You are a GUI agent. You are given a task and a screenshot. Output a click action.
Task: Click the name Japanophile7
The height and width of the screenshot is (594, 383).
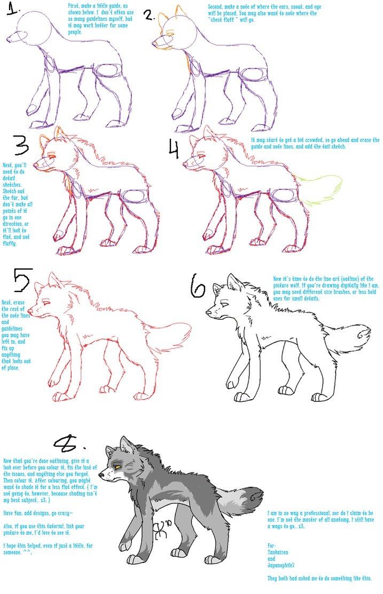[284, 567]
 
